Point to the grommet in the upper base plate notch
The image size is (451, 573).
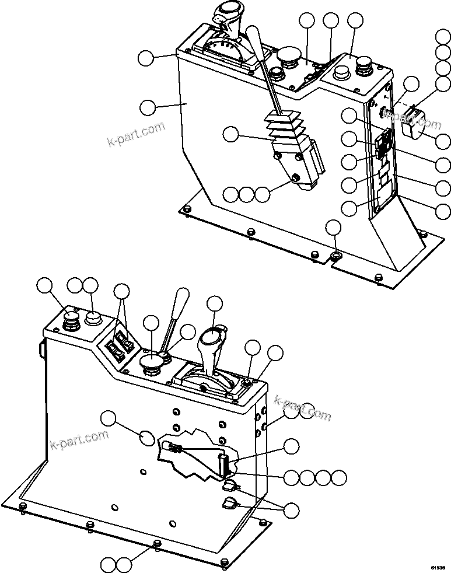click(x=336, y=256)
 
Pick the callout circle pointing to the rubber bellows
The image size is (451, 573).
click(x=231, y=135)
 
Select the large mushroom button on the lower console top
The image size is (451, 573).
click(x=152, y=365)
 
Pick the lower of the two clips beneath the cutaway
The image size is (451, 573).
click(x=229, y=504)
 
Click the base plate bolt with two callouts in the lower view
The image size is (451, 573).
click(x=156, y=544)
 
